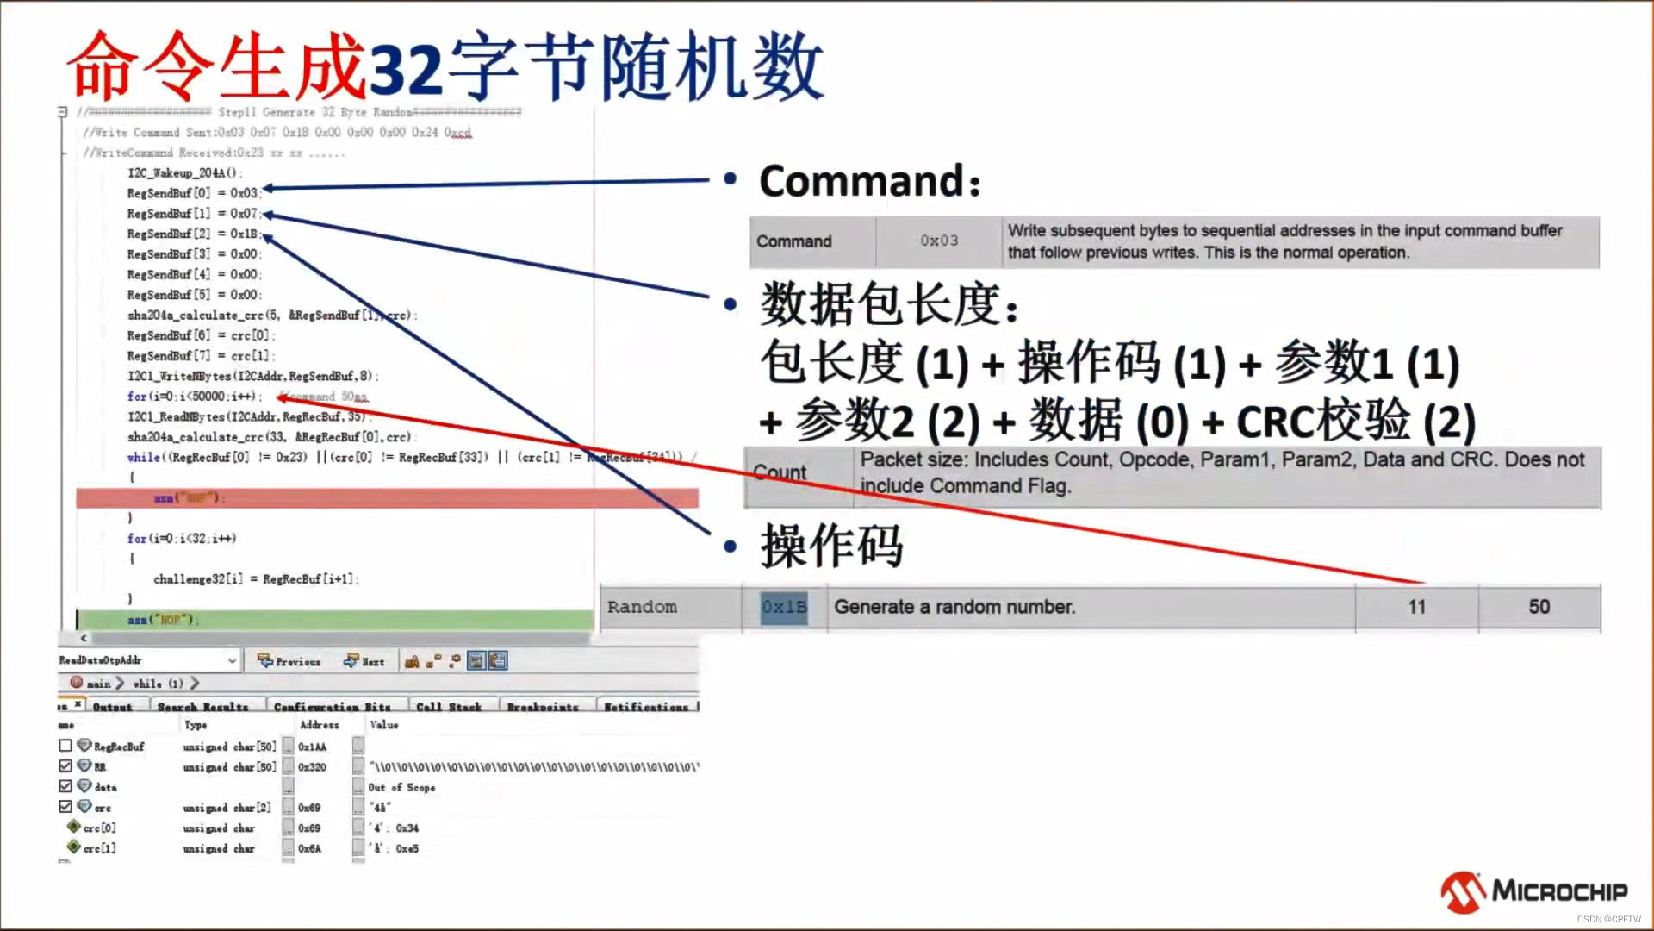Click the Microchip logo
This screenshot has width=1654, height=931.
[1533, 891]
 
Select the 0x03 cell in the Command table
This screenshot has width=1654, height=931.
[938, 241]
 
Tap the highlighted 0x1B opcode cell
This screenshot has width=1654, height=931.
[784, 607]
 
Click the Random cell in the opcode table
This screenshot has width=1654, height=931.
[642, 607]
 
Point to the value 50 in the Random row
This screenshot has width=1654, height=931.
[1539, 607]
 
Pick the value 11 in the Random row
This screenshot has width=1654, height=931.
[1416, 607]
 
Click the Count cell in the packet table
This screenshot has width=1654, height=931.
[780, 472]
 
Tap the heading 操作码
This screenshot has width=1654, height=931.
[831, 546]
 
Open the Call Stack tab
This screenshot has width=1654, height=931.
[449, 707]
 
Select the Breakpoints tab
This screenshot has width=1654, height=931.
[542, 707]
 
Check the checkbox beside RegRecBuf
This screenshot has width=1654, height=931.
[65, 746]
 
